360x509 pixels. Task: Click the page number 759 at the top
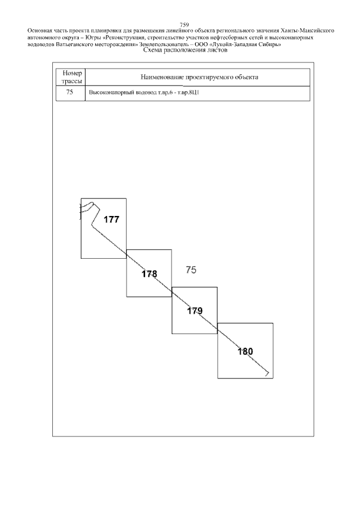[x=184, y=25]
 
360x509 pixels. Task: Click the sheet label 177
[x=111, y=220]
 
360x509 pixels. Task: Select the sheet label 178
[x=149, y=274]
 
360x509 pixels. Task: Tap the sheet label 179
[x=195, y=311]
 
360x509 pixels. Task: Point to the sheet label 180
[x=245, y=352]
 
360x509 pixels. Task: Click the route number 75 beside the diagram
[x=191, y=270]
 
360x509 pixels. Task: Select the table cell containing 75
[x=70, y=93]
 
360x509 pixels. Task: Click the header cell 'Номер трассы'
[x=70, y=77]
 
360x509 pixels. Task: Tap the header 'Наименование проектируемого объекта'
[x=199, y=77]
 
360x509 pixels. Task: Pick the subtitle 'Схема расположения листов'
[x=185, y=50]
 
